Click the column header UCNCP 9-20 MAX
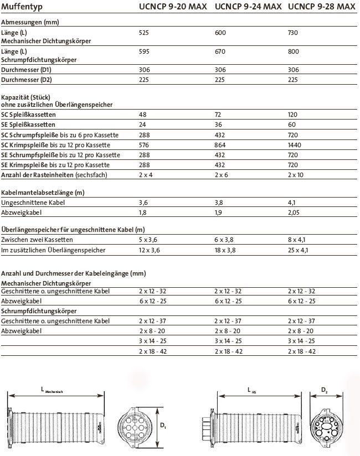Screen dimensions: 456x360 click(173, 7)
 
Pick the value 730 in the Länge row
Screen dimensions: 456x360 click(294, 33)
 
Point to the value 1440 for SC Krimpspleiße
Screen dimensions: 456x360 click(296, 144)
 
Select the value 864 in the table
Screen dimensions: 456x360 click(220, 144)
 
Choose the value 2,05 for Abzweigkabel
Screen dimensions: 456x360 click(295, 213)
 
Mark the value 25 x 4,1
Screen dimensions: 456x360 click(299, 250)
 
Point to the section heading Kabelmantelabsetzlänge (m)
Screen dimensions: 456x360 click(43, 193)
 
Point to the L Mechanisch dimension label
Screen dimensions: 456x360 click(52, 391)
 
